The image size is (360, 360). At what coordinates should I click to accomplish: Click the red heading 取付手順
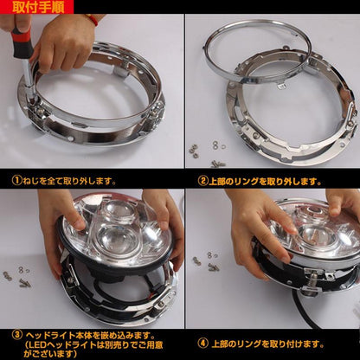point(38,8)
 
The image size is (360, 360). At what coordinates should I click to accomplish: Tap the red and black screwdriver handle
point(22,42)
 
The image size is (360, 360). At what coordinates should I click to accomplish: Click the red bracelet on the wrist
point(92,19)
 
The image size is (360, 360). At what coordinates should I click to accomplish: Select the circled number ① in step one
point(17,181)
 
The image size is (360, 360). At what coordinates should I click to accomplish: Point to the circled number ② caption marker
point(202,182)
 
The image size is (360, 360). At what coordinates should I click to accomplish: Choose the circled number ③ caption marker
point(17,335)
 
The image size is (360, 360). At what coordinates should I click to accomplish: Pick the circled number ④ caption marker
point(202,344)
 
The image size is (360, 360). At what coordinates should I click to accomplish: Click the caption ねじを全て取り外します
point(69,181)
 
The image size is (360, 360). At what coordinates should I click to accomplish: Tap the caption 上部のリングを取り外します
point(265,182)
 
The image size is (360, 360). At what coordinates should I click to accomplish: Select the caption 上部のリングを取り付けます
point(267,344)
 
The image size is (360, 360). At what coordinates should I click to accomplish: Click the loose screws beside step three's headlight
point(17,276)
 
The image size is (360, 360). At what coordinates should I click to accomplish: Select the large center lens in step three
point(118,240)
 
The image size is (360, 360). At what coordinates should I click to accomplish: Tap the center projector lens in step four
point(317,235)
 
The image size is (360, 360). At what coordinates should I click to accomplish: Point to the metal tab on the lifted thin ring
point(281,86)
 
